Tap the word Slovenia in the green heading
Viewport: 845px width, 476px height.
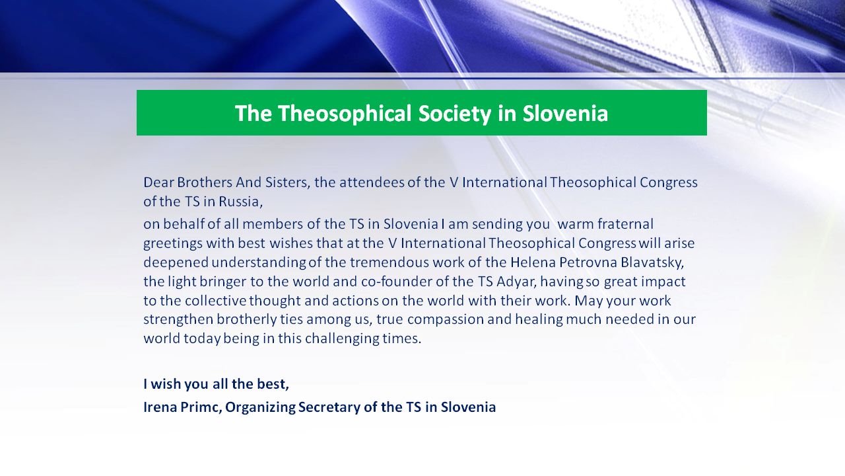565,113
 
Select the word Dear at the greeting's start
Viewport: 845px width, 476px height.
158,182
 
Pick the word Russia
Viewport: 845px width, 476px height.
241,202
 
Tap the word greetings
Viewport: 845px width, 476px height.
173,244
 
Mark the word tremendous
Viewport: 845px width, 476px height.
389,262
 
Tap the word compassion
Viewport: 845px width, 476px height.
446,319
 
